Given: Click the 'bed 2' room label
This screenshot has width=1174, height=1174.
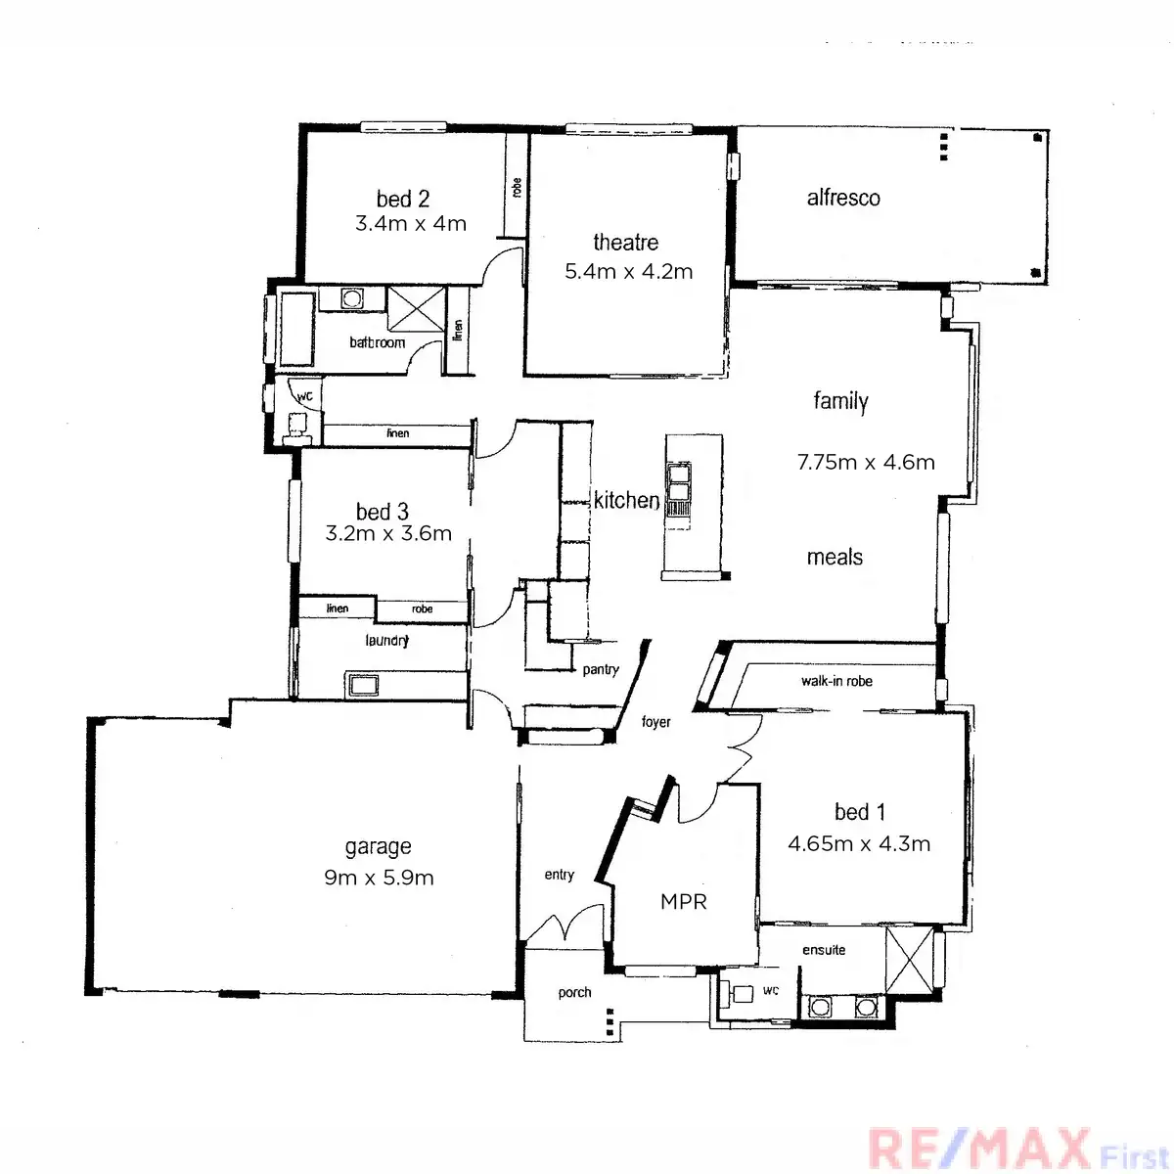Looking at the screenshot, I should click(x=402, y=200).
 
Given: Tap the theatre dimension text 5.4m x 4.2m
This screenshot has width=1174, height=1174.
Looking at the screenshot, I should click(x=628, y=272).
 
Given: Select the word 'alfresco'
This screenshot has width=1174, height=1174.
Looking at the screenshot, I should click(x=842, y=198).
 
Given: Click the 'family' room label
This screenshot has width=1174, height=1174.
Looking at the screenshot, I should click(x=840, y=400).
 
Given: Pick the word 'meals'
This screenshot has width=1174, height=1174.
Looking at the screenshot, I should click(x=835, y=558).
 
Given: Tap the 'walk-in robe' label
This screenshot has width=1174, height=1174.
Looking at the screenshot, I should click(x=836, y=681).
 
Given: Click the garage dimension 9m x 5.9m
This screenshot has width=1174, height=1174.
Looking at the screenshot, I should click(x=379, y=878).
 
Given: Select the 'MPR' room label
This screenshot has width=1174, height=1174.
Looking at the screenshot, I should click(x=683, y=902).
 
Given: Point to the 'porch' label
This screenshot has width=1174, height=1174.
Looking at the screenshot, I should click(x=574, y=992).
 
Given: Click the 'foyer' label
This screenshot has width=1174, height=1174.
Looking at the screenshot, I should click(x=655, y=722).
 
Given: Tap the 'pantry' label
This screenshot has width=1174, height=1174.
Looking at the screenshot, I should click(x=601, y=669).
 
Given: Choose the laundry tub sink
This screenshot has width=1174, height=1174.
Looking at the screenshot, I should click(x=364, y=684).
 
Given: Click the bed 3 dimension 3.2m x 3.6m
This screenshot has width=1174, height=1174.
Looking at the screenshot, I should click(x=388, y=534).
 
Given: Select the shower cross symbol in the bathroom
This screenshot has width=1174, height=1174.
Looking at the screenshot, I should click(x=416, y=308).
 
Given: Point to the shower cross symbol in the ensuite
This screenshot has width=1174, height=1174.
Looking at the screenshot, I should click(x=908, y=959).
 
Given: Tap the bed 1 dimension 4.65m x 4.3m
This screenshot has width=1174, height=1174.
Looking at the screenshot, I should click(x=859, y=843).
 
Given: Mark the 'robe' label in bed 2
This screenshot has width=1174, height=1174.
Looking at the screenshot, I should click(x=517, y=187).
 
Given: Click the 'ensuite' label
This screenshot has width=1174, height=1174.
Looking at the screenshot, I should click(x=824, y=950).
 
